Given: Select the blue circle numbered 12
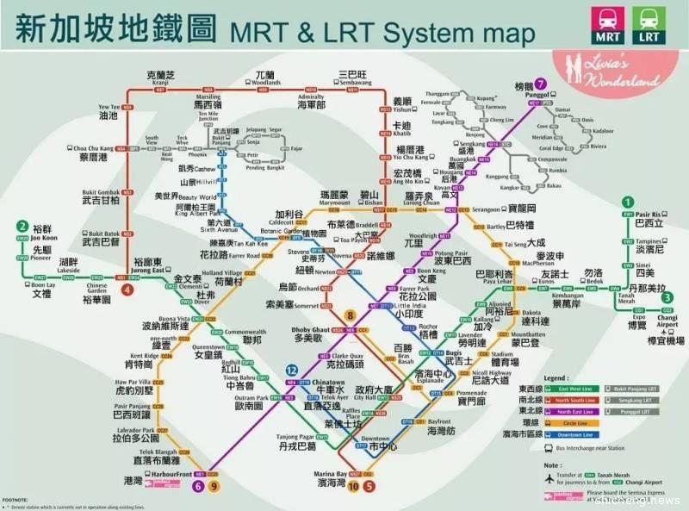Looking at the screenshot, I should tap(291, 371).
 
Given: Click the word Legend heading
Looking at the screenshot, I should tap(556, 377).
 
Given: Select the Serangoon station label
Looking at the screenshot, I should tap(497, 209).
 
